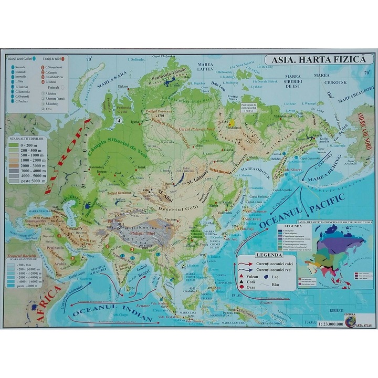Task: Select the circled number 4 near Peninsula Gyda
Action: click(120, 121)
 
